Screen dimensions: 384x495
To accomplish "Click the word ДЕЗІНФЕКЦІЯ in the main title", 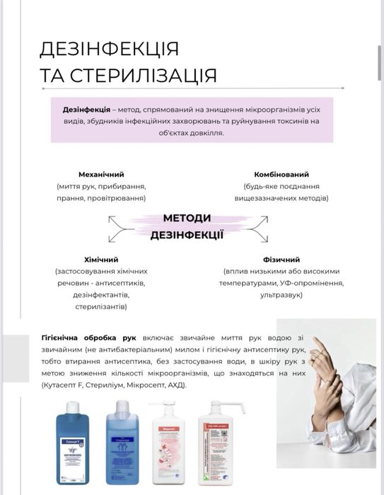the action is coord(110,49).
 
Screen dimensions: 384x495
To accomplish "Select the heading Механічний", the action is coord(101,174).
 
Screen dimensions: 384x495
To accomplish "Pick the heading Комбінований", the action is coord(281,174).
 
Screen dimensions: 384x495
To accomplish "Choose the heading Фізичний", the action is coord(281,260).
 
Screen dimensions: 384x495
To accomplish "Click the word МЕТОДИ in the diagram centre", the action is coord(187,219).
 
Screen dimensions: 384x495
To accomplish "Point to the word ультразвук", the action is coord(281,294).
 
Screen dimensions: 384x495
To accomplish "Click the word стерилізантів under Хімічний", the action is coord(101,307).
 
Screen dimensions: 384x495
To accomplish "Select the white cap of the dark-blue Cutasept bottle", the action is coord(71,405).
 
